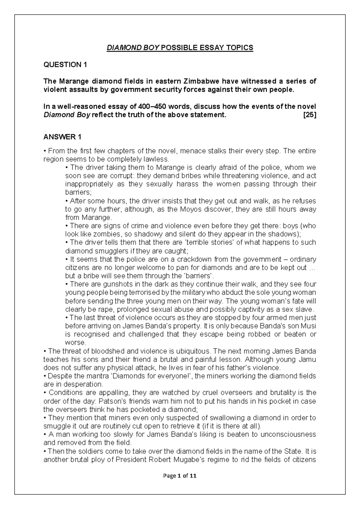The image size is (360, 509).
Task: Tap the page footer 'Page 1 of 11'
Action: point(180,476)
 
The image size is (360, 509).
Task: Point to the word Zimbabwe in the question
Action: point(201,81)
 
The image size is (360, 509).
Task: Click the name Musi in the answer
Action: point(309,326)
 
